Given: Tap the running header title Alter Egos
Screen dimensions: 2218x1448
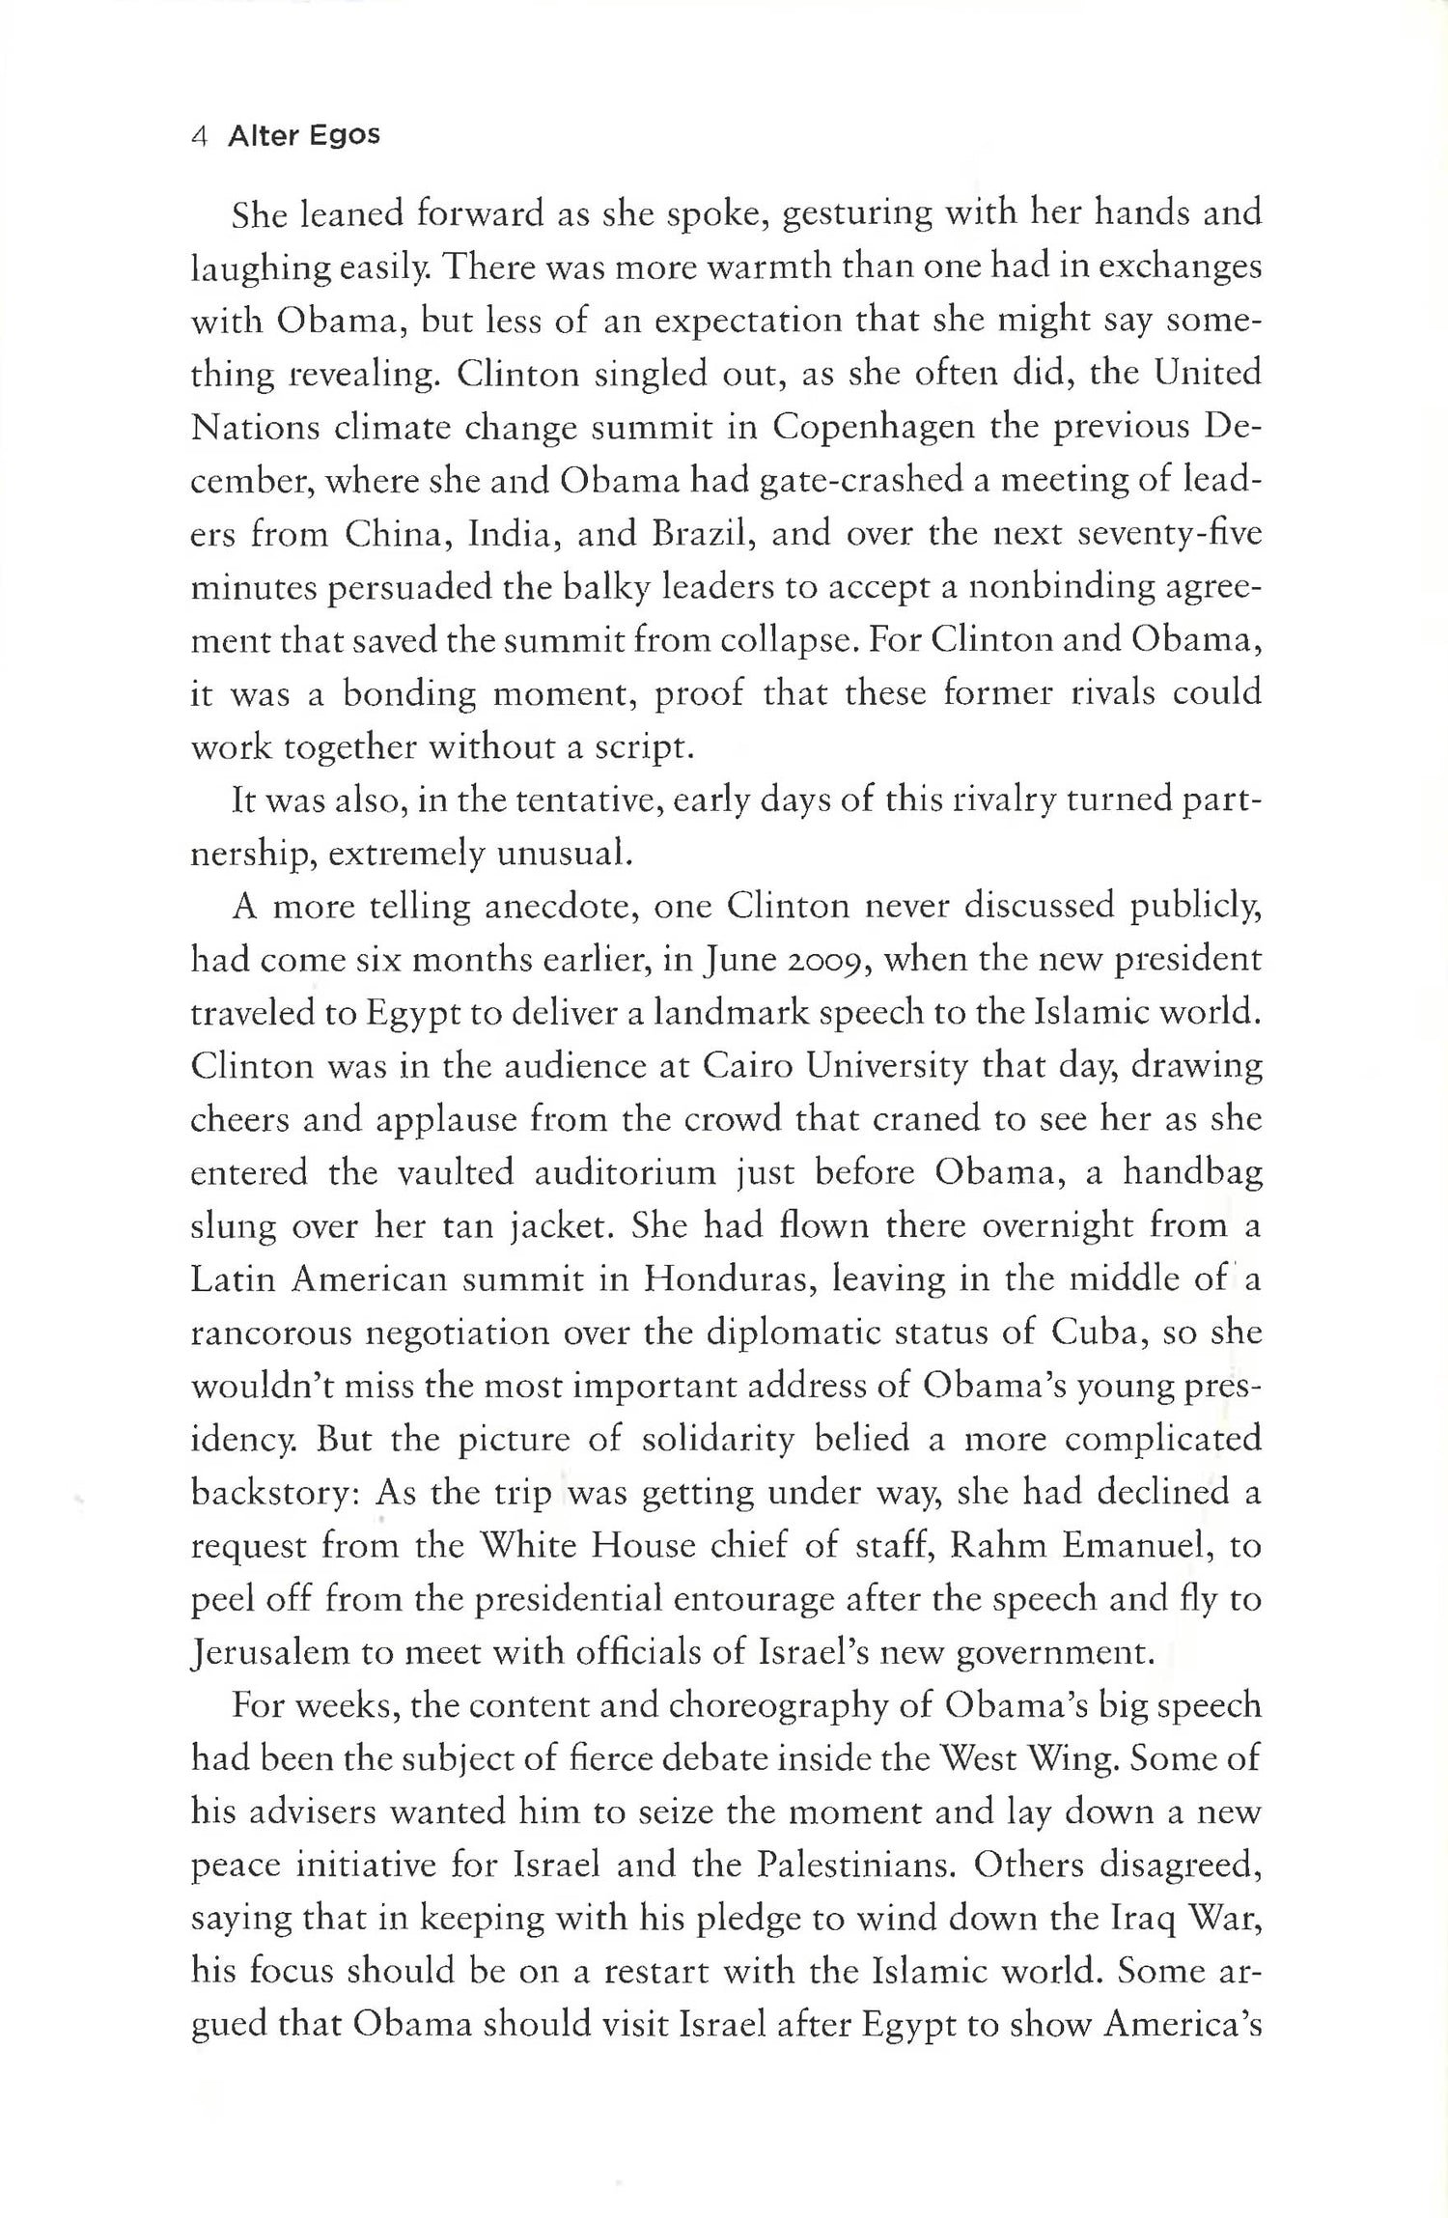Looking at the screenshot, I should [x=304, y=135].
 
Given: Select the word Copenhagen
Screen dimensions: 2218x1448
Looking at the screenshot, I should [x=875, y=426].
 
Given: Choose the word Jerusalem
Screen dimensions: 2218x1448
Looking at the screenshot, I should [x=267, y=1653].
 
